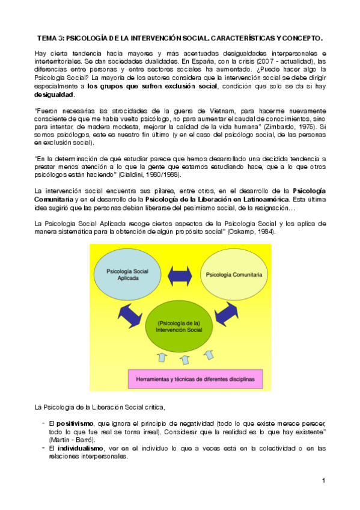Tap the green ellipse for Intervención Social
178,327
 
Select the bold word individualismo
78,449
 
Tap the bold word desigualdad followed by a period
55,95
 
